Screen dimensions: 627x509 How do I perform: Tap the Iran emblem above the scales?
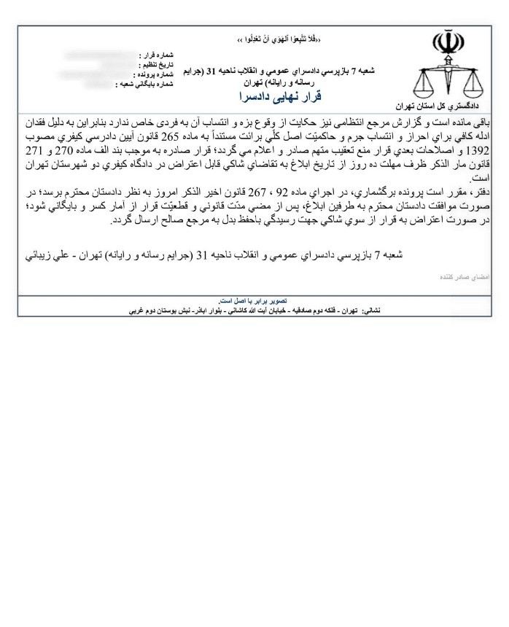(x=443, y=44)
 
